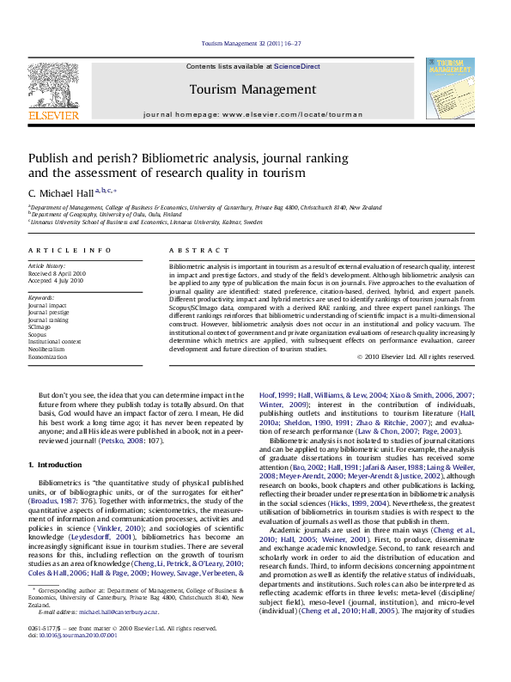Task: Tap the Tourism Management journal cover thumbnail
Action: [450, 88]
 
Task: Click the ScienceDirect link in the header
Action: [296, 66]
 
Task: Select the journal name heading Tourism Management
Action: [252, 89]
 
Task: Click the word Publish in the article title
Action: [50, 159]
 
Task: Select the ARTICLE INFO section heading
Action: [70, 250]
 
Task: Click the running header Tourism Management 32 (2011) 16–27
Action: [254, 42]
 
